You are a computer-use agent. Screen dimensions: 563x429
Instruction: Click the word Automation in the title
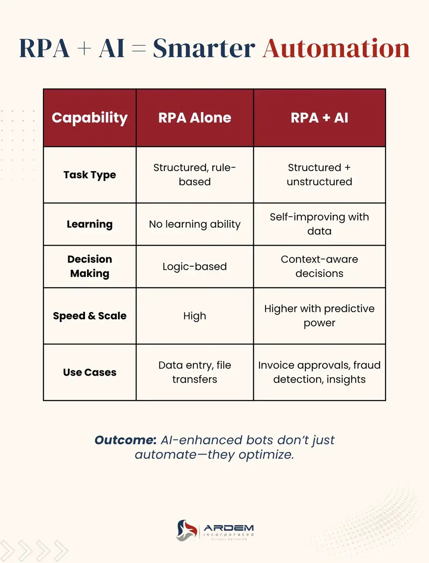(336, 48)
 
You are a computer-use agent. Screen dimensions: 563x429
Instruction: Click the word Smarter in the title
(204, 48)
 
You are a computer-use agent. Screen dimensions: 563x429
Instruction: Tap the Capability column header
(90, 118)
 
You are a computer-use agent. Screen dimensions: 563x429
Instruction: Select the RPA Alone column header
(195, 118)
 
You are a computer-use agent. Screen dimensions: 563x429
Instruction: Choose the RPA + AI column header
(319, 118)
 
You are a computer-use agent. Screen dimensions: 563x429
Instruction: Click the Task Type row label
(90, 175)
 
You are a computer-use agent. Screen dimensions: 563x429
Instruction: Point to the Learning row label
(90, 224)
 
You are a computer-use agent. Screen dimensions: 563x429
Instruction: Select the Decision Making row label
(90, 266)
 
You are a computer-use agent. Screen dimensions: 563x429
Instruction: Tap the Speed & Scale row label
(90, 316)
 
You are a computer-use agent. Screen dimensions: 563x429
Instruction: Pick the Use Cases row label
(90, 372)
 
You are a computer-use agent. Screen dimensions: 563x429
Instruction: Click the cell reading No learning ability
(195, 224)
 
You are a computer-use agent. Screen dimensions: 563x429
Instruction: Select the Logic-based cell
(195, 267)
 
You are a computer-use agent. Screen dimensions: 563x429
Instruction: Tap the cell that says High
(195, 316)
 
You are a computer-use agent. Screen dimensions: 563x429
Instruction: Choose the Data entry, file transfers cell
(195, 372)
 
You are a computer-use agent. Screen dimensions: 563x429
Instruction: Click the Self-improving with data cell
(319, 224)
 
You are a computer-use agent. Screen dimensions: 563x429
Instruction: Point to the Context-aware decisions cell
(319, 266)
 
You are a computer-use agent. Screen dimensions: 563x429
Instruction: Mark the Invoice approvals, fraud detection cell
(319, 372)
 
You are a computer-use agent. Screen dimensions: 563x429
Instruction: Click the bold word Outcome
(125, 440)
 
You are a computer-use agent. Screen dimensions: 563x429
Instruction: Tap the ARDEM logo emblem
(187, 530)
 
